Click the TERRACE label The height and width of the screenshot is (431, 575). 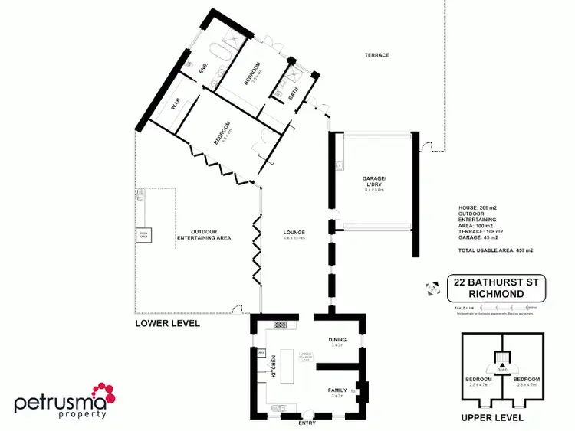click(x=376, y=55)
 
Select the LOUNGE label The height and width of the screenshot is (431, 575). click(x=294, y=232)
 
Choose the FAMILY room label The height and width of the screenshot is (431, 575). click(x=338, y=390)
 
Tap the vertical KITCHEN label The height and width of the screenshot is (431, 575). click(x=273, y=367)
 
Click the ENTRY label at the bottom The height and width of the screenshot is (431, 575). click(x=306, y=422)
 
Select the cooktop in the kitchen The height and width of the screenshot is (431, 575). click(x=281, y=325)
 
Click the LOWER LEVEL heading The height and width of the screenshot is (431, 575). click(x=167, y=323)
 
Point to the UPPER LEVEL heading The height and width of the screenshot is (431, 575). click(x=492, y=418)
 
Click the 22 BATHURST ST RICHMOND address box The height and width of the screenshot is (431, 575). click(x=495, y=288)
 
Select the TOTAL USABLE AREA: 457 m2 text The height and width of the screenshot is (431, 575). click(x=495, y=250)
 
